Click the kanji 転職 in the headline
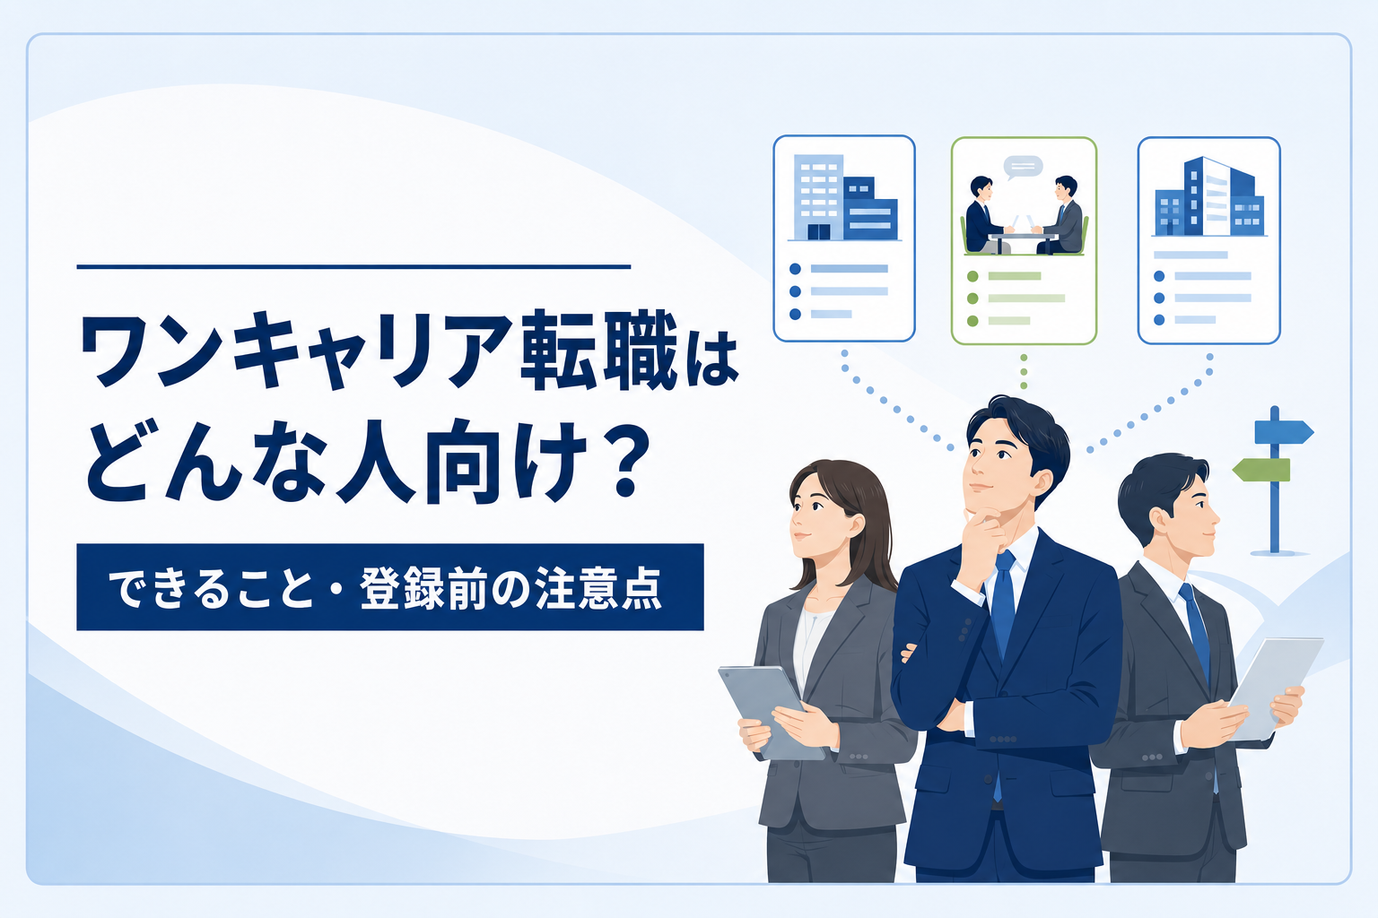point(599,351)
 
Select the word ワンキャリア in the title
point(296,351)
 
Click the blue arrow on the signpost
point(1284,431)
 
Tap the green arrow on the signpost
point(1261,470)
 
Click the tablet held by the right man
point(1273,688)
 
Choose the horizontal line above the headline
point(353,267)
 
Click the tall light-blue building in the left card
point(818,196)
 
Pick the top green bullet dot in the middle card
point(972,276)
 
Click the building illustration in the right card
point(1208,196)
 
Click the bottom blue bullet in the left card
point(795,314)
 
